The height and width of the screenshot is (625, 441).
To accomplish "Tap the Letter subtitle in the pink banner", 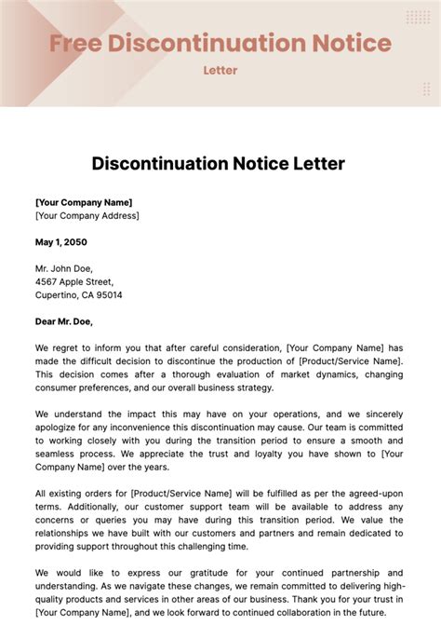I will pyautogui.click(x=220, y=70).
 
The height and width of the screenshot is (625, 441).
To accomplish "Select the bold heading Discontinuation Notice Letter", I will pyautogui.click(x=219, y=163).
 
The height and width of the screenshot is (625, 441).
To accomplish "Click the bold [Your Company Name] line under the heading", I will pyautogui.click(x=84, y=201).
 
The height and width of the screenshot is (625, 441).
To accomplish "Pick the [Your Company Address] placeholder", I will pyautogui.click(x=87, y=215).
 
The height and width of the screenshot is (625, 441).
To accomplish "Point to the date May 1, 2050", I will pyautogui.click(x=61, y=241).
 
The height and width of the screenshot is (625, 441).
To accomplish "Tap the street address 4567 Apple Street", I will pyautogui.click(x=74, y=281).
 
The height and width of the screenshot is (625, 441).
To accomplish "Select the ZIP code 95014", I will pyautogui.click(x=108, y=294).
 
